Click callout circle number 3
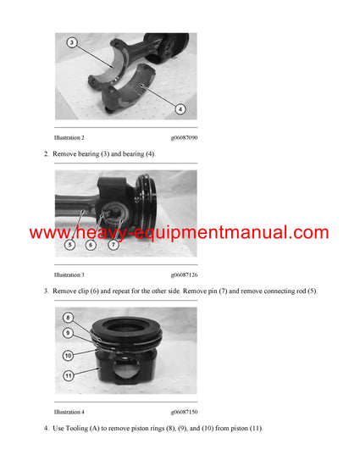(72, 42)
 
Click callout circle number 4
(180, 108)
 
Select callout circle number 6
(91, 245)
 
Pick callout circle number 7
(113, 245)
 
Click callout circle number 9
(69, 334)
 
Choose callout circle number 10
(69, 355)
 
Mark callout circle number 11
(69, 374)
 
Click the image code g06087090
(184, 137)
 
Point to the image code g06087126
(184, 275)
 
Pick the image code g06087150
(184, 412)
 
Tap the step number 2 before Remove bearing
(45, 154)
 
